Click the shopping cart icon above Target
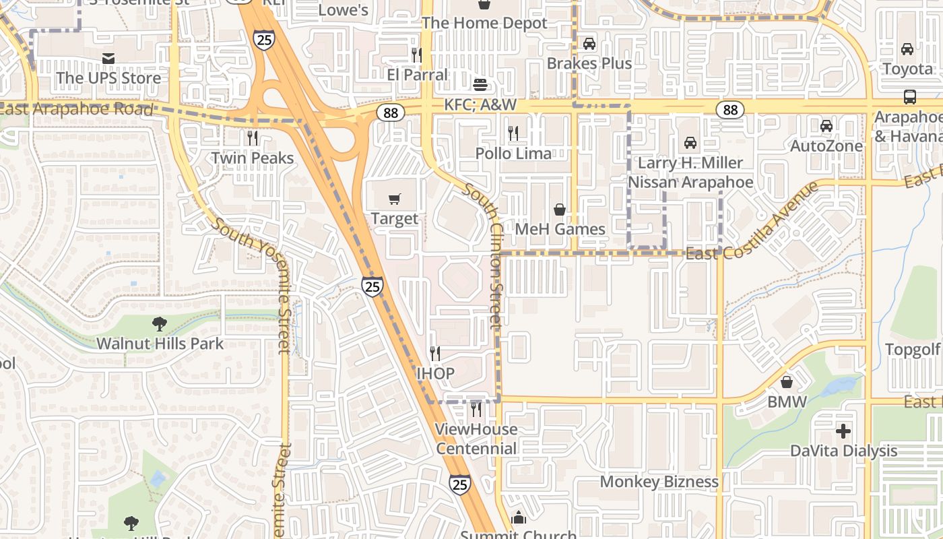click(395, 199)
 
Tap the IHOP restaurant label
click(435, 373)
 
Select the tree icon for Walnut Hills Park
click(160, 324)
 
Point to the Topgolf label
click(912, 349)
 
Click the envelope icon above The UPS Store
click(108, 59)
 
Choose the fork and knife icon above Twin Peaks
click(253, 138)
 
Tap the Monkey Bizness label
click(659, 482)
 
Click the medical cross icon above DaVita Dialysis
click(843, 431)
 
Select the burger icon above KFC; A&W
click(480, 85)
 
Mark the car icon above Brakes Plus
click(589, 44)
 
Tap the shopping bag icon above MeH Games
click(559, 210)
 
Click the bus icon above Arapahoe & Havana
click(909, 97)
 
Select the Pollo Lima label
click(513, 154)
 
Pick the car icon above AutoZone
click(826, 126)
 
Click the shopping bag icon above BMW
click(787, 383)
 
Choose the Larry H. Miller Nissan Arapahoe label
click(690, 172)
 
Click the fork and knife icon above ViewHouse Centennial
click(476, 409)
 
